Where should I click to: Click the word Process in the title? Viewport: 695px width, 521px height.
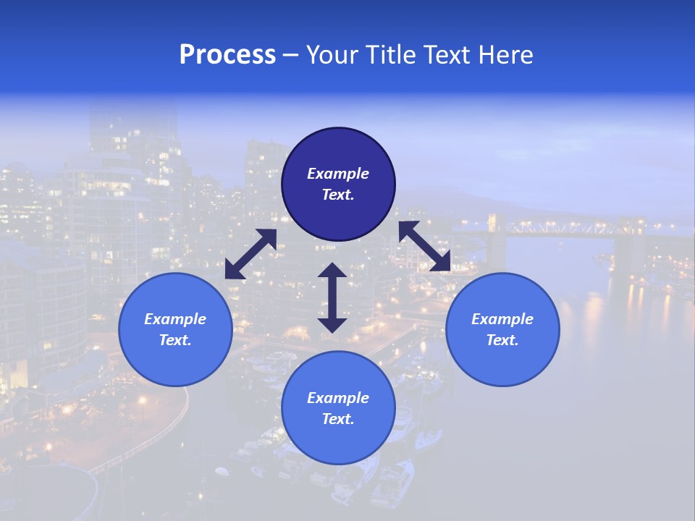click(227, 55)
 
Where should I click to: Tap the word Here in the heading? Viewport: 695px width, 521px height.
click(505, 55)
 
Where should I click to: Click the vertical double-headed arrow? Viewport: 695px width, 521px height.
click(332, 297)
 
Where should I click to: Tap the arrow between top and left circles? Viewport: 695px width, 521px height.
click(250, 254)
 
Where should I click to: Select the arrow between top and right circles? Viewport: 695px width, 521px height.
click(425, 246)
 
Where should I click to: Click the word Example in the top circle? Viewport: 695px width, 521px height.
click(338, 174)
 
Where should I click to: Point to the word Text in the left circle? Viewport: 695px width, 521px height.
click(175, 340)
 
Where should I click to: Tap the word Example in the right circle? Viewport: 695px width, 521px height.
click(502, 319)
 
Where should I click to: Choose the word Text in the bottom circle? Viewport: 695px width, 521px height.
click(338, 419)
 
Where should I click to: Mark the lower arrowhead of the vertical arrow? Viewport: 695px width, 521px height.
click(332, 324)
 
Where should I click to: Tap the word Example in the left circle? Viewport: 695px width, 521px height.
click(175, 319)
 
